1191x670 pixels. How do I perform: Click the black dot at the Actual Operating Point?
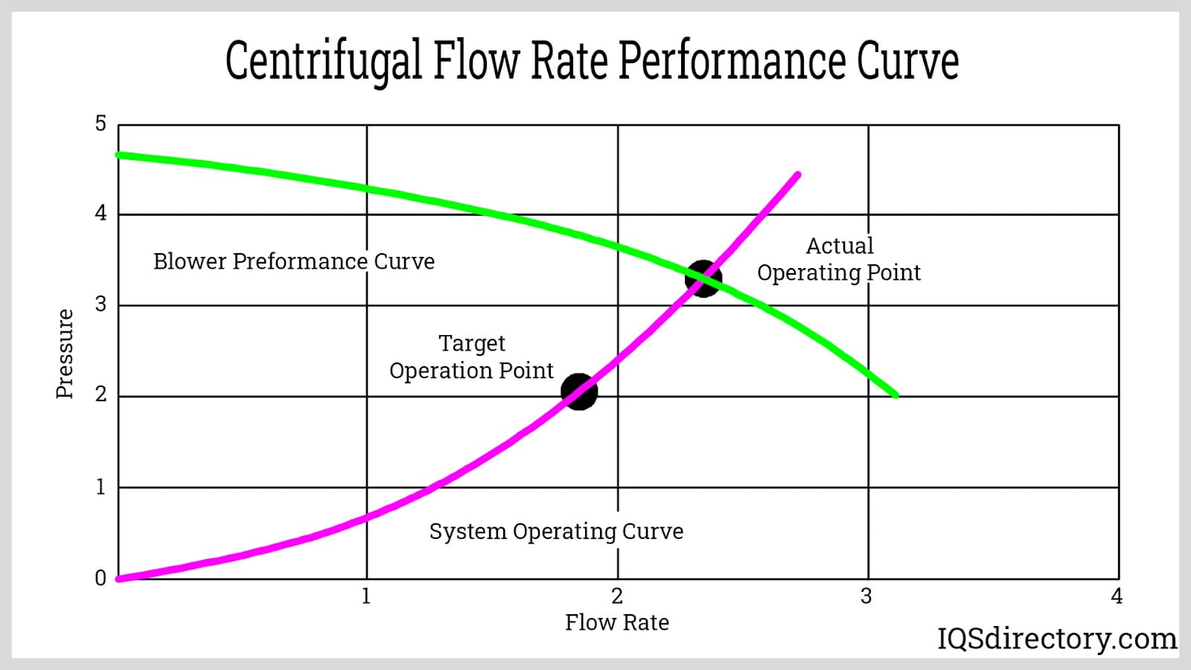[703, 278]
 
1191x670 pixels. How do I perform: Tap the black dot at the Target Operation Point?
[578, 392]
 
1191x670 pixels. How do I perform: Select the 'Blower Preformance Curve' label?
[293, 261]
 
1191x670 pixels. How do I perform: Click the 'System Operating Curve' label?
[556, 532]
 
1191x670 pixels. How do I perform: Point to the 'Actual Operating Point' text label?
[839, 259]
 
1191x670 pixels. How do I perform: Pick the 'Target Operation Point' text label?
[471, 357]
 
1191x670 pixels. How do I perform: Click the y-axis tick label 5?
[100, 124]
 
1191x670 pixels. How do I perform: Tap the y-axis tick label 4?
[100, 214]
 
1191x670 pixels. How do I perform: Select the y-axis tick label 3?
[100, 305]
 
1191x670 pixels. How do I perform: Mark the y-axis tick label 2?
[100, 395]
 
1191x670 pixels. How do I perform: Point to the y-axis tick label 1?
[100, 488]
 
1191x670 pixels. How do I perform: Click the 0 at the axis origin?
[100, 578]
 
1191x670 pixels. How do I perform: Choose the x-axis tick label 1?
[365, 596]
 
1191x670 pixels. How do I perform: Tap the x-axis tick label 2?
[616, 596]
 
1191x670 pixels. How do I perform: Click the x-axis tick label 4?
[1117, 596]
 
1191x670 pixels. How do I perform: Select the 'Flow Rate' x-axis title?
[616, 622]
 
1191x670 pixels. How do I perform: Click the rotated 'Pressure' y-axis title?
[65, 354]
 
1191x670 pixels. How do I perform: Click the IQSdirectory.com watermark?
[1056, 639]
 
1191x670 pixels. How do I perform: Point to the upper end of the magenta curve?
[797, 175]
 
